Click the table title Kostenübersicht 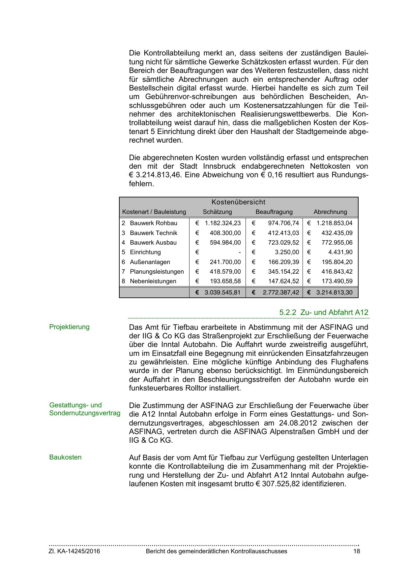click(238, 202)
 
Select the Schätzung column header click(217, 212)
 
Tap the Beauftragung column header click(274, 212)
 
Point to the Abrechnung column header click(330, 212)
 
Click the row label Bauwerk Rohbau click(153, 223)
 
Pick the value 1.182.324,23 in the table click(223, 223)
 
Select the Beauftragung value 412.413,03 click(283, 233)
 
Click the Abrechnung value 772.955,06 click(337, 243)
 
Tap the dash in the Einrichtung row click(240, 252)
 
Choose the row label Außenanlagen click(150, 262)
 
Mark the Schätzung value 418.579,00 click(225, 272)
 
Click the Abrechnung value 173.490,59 click(337, 281)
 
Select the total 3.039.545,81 click(222, 292)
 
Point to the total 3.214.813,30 click(334, 292)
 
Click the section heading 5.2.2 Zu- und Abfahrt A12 click(324, 312)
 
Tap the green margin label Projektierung click(69, 327)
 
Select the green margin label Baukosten click(65, 458)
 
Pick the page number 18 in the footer click(357, 551)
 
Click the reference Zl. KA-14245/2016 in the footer click(74, 551)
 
